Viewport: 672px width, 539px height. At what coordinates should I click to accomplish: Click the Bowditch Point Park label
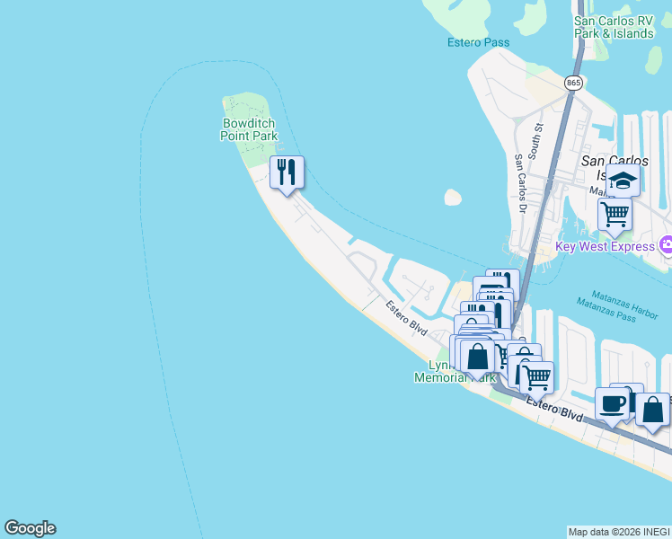(249, 129)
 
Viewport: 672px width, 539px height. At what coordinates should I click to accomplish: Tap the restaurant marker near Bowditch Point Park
(287, 172)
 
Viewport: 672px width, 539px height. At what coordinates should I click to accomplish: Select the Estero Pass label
(478, 42)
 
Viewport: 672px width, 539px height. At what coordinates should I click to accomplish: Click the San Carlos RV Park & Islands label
(614, 27)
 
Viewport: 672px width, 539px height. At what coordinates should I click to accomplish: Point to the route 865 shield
(574, 83)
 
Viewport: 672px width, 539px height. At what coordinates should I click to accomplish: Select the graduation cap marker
(623, 181)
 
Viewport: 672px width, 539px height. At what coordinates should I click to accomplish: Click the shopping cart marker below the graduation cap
(615, 215)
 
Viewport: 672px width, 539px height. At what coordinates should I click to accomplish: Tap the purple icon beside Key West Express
(666, 244)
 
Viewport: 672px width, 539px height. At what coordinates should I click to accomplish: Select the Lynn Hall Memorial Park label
(455, 372)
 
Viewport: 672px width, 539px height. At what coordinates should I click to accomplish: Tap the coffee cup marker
(612, 404)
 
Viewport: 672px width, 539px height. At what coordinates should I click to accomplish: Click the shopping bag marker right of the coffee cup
(653, 409)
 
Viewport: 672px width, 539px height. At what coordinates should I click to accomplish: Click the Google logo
(30, 528)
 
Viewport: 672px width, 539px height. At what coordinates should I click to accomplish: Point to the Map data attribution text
(619, 532)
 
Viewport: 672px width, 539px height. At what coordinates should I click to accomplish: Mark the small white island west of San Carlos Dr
(453, 198)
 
